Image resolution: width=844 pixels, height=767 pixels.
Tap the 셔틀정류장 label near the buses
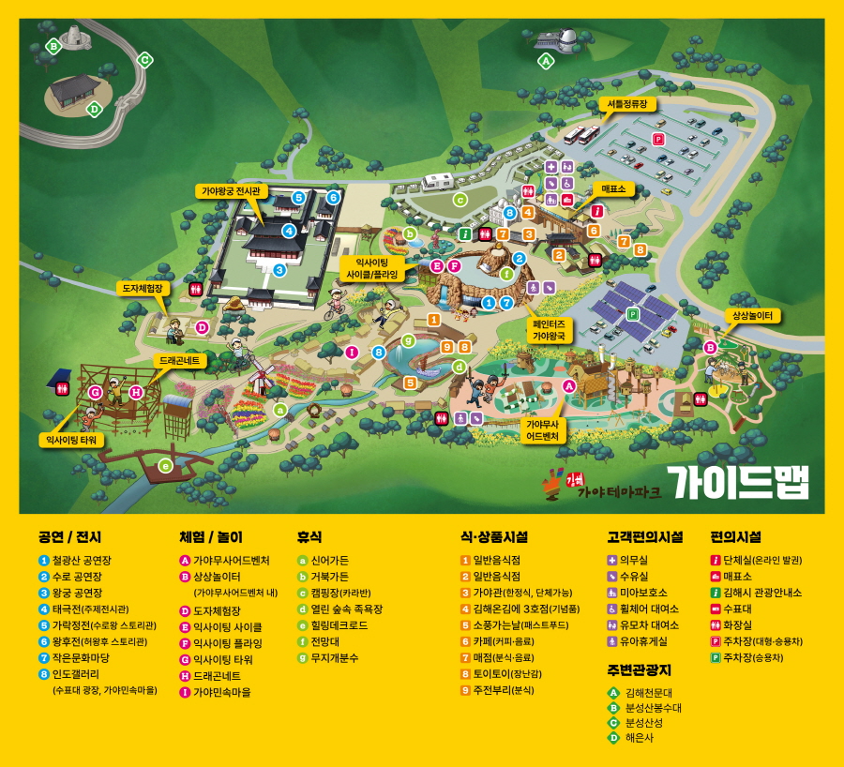(x=624, y=104)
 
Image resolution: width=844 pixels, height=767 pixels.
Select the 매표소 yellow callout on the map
(x=613, y=188)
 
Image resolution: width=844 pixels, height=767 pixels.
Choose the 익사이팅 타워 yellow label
(x=72, y=439)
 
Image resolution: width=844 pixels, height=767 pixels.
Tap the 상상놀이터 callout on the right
(x=752, y=316)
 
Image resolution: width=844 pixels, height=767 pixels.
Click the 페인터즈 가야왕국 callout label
(x=550, y=328)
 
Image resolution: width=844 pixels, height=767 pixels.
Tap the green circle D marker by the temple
(x=94, y=110)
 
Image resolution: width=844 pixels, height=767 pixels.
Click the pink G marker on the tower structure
(x=96, y=392)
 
